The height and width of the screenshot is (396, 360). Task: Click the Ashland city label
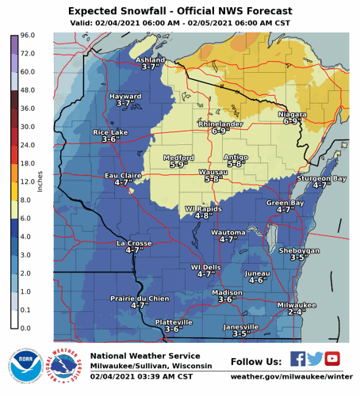point(150,59)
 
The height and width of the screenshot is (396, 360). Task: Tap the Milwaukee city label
point(297,305)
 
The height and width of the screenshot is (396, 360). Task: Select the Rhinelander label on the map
point(219,124)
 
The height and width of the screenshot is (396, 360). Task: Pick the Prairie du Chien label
point(140,298)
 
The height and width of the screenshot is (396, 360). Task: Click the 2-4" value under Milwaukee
point(297,312)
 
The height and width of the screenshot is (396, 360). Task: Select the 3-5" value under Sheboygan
point(299,257)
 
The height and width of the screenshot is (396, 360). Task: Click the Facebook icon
point(297,358)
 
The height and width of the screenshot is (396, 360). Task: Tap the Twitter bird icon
point(315,358)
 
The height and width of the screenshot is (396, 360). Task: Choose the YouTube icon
point(332,358)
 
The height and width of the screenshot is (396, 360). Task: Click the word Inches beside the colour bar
point(39,181)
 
